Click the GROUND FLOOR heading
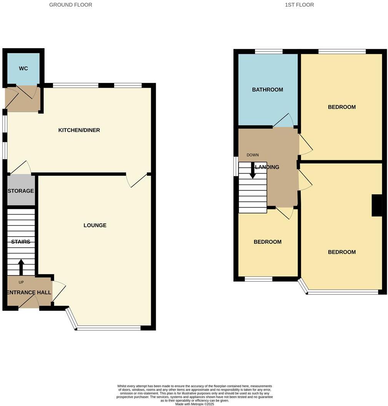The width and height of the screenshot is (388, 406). click(x=71, y=5)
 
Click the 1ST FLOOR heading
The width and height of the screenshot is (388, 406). click(x=299, y=5)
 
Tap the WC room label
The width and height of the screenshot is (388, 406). click(x=23, y=68)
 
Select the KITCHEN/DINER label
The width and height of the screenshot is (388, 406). click(x=79, y=130)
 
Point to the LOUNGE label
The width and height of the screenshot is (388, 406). click(x=95, y=225)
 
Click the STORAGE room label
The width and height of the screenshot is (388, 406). click(x=21, y=191)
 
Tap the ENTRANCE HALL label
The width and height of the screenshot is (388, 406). click(x=29, y=293)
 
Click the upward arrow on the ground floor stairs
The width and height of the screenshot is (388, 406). click(x=21, y=267)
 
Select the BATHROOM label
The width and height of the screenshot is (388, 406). click(x=267, y=90)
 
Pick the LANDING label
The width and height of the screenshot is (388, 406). click(x=268, y=167)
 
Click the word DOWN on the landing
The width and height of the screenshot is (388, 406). click(x=253, y=155)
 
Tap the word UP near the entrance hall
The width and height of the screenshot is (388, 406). click(x=21, y=282)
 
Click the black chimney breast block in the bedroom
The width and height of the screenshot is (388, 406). click(x=377, y=206)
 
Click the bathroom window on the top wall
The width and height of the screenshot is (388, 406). click(x=268, y=51)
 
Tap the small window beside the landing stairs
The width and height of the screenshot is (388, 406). click(x=236, y=166)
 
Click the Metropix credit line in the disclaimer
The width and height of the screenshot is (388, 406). click(x=195, y=404)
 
